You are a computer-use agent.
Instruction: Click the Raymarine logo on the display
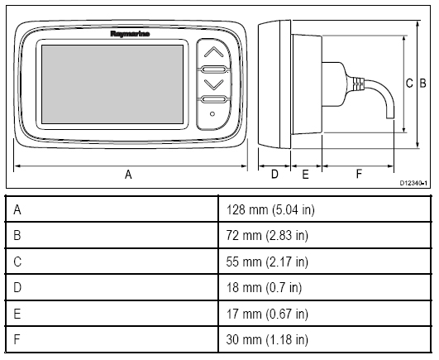pos(130,34)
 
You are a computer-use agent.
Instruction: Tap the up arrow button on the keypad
pos(213,52)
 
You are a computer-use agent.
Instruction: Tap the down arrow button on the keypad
pos(213,84)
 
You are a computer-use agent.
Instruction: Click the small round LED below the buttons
pos(212,114)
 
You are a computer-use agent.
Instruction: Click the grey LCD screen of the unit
pos(112,84)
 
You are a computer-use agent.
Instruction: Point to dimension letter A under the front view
pos(128,175)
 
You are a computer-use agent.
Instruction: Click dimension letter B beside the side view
pos(422,84)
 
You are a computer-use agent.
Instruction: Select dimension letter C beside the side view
pos(409,84)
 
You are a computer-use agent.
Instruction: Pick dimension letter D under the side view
pos(274,175)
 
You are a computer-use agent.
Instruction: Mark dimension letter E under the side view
pos(305,175)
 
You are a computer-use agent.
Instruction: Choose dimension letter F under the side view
pos(359,174)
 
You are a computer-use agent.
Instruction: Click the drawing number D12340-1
pos(413,183)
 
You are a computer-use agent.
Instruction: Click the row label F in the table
pos(17,339)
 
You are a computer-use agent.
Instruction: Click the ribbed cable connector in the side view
pos(358,84)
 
